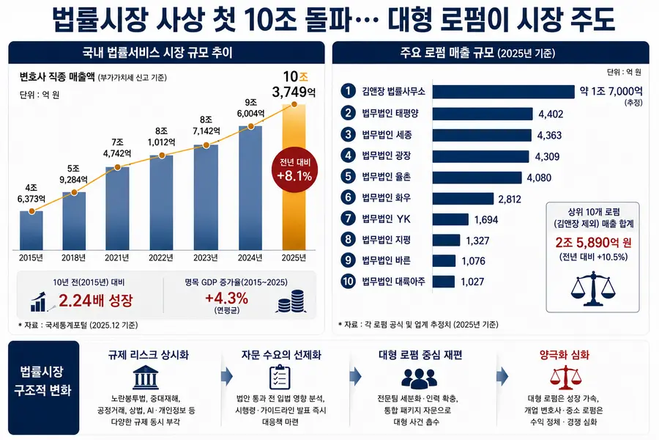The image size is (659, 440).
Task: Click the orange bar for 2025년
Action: (294, 177)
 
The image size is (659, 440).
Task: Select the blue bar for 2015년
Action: (31, 230)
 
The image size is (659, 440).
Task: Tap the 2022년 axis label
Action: (161, 257)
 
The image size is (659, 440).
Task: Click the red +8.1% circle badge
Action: (294, 170)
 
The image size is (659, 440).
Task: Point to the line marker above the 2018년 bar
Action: (74, 192)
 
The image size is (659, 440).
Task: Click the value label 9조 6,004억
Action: (251, 108)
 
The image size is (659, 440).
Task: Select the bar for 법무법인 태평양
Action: (483, 114)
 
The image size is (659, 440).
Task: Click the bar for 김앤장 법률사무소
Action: (504, 92)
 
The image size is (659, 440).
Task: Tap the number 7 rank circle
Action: (348, 219)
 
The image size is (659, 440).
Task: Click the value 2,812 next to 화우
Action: (510, 199)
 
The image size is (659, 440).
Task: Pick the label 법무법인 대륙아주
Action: (393, 282)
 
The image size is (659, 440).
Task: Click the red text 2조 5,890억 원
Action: (593, 243)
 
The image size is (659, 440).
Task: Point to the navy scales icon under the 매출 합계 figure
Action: (592, 288)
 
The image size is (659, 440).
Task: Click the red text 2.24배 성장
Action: (95, 300)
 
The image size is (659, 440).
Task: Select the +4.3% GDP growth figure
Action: (226, 298)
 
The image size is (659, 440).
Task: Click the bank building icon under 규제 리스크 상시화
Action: (146, 377)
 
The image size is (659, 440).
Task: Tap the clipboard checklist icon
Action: (280, 377)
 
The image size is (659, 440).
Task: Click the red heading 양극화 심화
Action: (565, 355)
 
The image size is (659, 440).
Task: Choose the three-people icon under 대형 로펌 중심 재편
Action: (420, 378)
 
